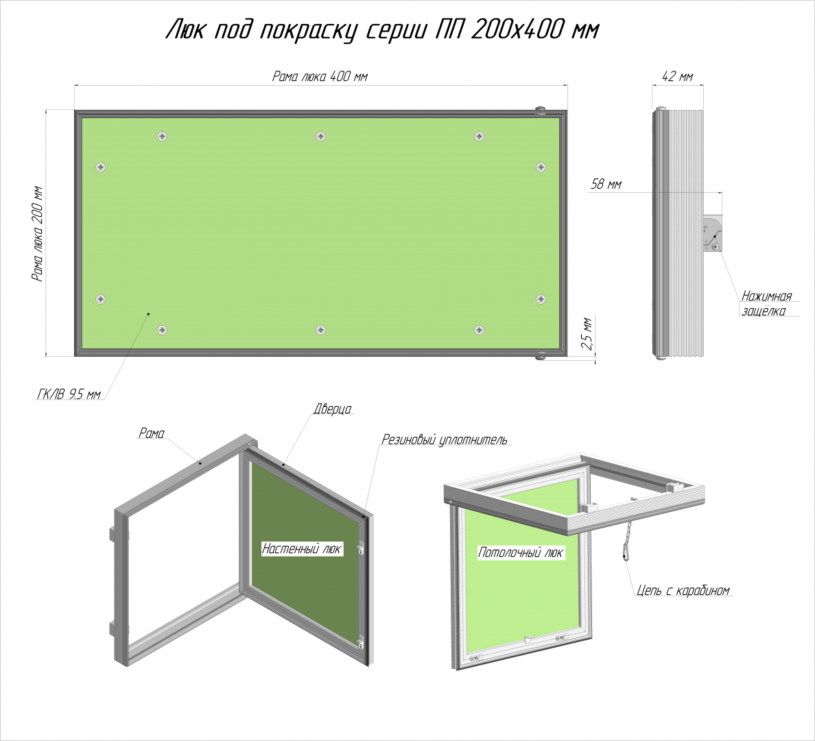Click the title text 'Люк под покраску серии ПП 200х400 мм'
(382, 30)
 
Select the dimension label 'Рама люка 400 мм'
(320, 77)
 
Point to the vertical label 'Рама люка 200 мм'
(38, 233)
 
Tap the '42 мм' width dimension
(677, 76)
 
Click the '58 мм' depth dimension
(606, 184)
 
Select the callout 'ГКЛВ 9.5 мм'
(69, 394)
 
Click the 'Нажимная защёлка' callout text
(766, 304)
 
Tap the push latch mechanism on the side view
(711, 234)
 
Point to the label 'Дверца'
(332, 409)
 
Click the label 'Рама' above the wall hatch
(151, 433)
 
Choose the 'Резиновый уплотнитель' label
(445, 440)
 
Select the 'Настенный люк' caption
(301, 549)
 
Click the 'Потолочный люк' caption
(520, 552)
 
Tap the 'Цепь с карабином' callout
(683, 590)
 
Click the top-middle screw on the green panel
(320, 137)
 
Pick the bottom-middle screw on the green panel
(320, 330)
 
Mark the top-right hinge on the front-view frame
(541, 110)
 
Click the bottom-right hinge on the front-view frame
(541, 356)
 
